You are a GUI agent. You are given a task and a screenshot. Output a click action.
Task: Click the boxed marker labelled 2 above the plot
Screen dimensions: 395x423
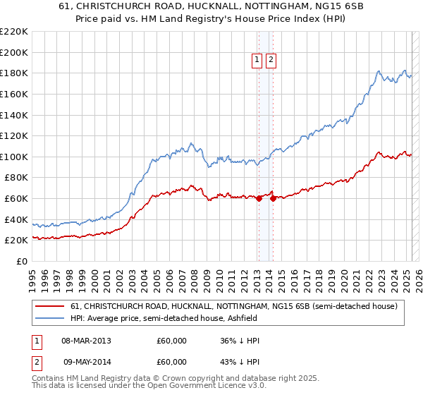(271, 61)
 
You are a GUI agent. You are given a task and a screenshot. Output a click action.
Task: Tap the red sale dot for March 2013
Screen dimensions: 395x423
(258, 198)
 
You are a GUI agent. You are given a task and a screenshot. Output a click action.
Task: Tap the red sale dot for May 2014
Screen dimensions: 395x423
(273, 198)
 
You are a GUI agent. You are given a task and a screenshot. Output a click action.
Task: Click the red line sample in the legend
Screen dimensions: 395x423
(51, 307)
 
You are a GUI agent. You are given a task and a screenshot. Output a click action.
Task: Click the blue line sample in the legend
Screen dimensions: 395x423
(51, 318)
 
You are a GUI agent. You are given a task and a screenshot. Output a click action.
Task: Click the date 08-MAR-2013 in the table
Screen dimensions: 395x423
(86, 341)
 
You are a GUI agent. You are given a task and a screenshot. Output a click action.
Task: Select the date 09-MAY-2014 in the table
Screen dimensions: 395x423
(86, 363)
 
